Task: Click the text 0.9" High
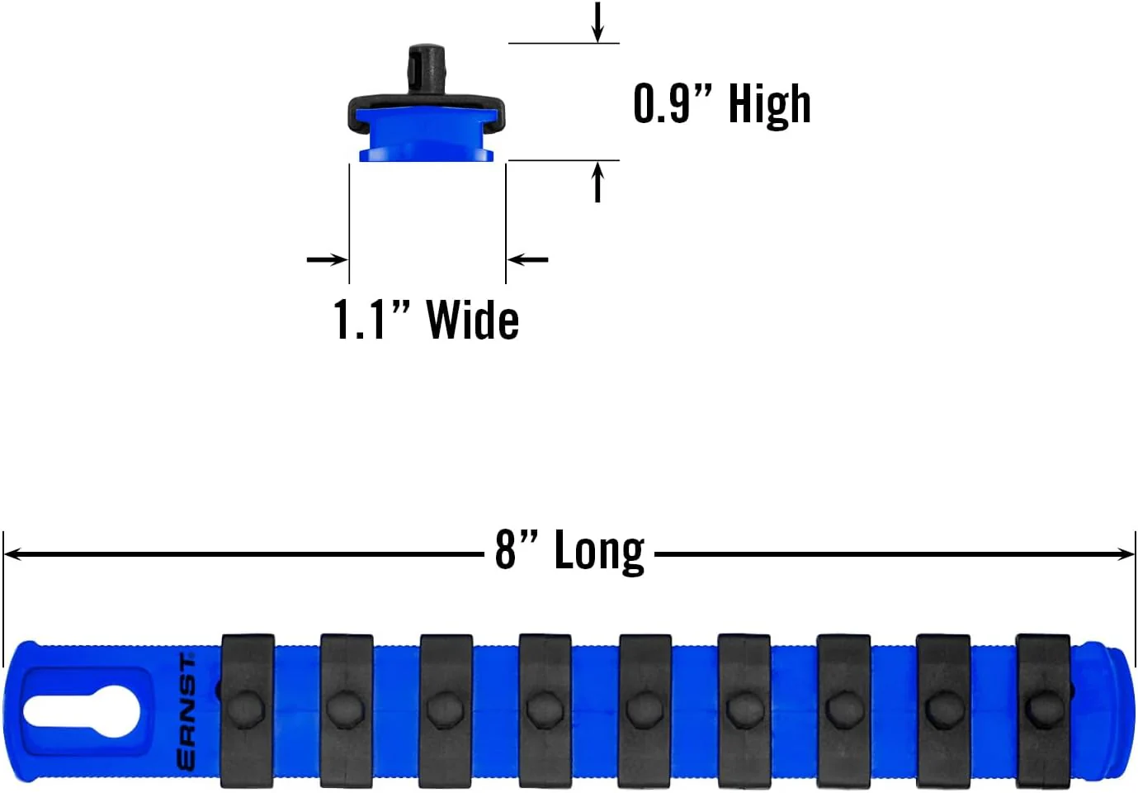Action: pos(722,104)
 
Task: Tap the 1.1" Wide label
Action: pos(427,319)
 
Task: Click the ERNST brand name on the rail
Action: pos(187,713)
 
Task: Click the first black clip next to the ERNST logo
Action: pos(248,710)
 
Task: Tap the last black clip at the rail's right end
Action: pos(1043,710)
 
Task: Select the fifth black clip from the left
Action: pos(645,710)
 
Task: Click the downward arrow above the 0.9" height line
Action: pos(598,21)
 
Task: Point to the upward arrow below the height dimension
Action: pos(598,182)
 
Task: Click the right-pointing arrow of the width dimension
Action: pos(327,259)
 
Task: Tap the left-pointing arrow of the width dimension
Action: pos(527,259)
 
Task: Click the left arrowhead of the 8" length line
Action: pos(12,554)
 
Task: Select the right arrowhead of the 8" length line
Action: pos(1126,554)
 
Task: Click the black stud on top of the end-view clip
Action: pos(427,69)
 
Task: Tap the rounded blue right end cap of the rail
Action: pos(1106,711)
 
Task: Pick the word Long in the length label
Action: pos(599,552)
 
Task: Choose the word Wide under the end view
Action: pos(473,319)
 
